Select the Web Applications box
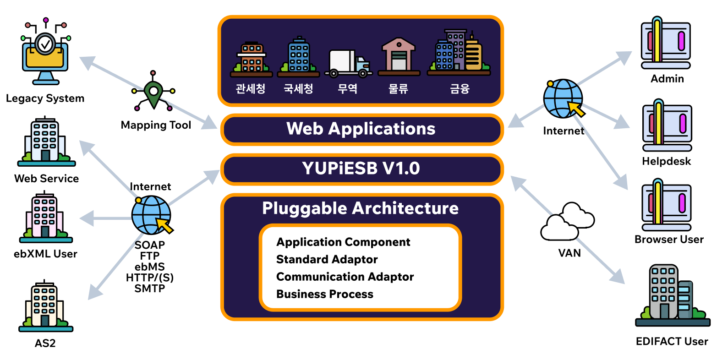[x=361, y=129]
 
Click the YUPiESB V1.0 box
[x=361, y=169]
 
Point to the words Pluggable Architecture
[x=360, y=208]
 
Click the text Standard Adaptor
[x=327, y=260]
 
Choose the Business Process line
[x=324, y=295]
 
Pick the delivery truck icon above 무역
[x=348, y=63]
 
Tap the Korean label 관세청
[x=251, y=88]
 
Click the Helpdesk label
[x=666, y=161]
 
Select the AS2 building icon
[x=45, y=306]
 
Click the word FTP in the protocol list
[x=150, y=256]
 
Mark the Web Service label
[x=46, y=179]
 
